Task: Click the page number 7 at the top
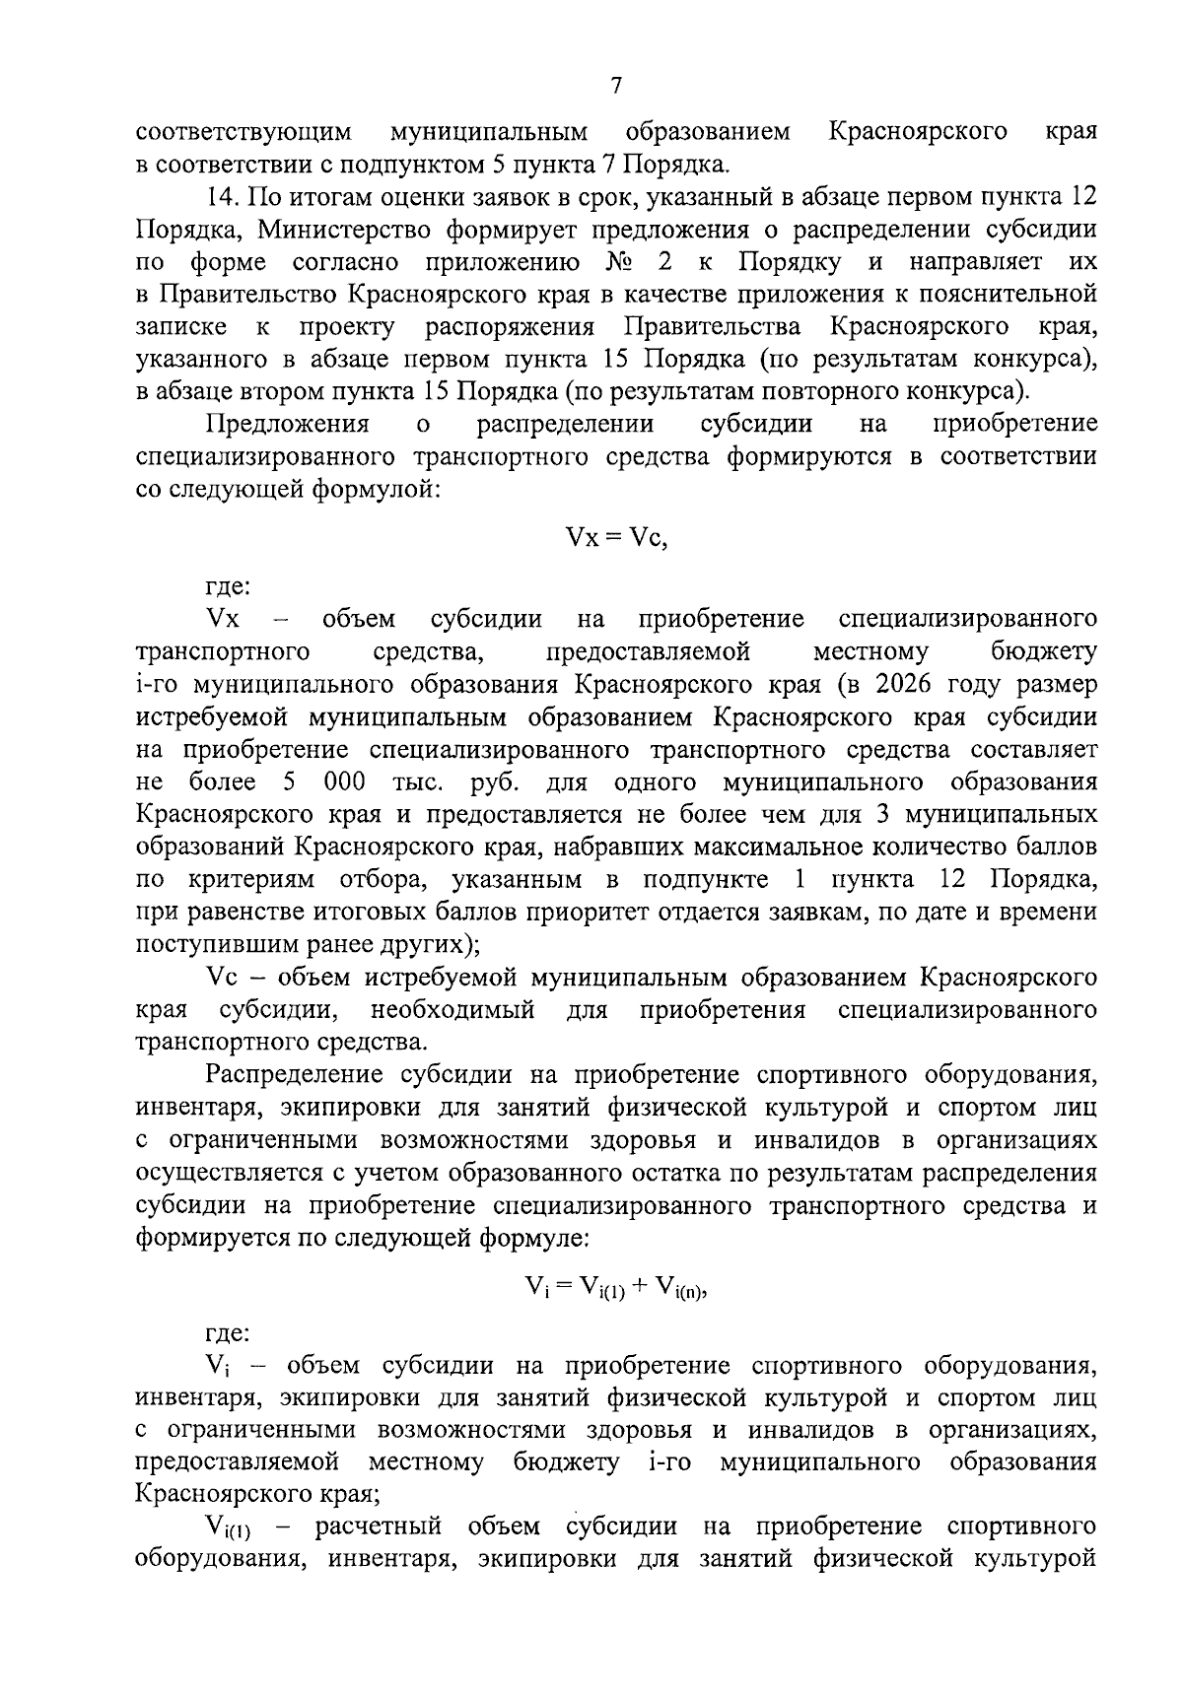pyautogui.click(x=615, y=87)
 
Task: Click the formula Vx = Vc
pyautogui.click(x=616, y=538)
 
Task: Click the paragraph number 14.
pyautogui.click(x=223, y=196)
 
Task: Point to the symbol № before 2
pyautogui.click(x=611, y=261)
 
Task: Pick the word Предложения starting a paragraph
pyautogui.click(x=287, y=424)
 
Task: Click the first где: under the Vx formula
pyautogui.click(x=228, y=586)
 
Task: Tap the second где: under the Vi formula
pyautogui.click(x=228, y=1333)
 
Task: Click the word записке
pyautogui.click(x=180, y=326)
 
